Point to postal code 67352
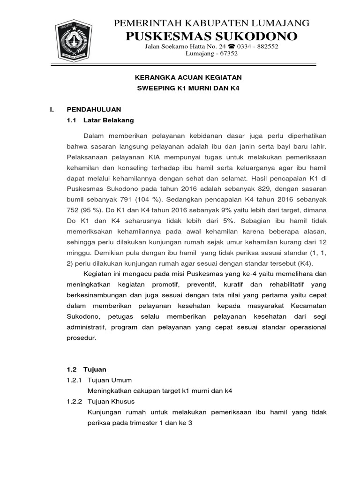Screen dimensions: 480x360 point(227,53)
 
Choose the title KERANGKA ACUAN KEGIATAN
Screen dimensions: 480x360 point(182,77)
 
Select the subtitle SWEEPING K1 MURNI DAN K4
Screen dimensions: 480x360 point(182,88)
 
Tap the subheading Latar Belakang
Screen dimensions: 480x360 point(108,120)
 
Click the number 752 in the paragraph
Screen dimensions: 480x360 point(75,211)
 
